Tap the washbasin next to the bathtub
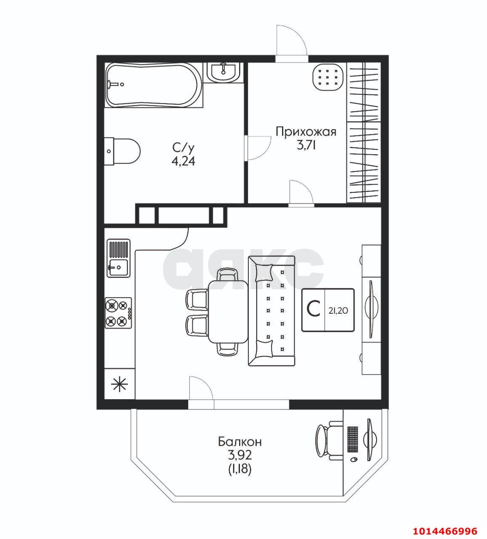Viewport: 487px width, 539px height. [x=223, y=72]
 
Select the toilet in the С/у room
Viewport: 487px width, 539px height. [x=122, y=151]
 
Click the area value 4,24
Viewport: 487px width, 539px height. [x=184, y=161]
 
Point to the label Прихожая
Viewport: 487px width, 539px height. [x=306, y=132]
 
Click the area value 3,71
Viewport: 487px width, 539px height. [x=306, y=145]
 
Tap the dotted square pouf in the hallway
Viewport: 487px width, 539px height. [x=328, y=77]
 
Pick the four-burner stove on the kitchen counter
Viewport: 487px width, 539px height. [x=118, y=312]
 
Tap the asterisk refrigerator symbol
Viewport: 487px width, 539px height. [x=119, y=384]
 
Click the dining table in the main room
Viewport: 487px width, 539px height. [x=228, y=312]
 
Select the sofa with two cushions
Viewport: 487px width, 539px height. [x=271, y=311]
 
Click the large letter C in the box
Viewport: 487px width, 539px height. [x=314, y=309]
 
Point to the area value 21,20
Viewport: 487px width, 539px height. [x=338, y=311]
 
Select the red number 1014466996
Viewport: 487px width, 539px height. [x=445, y=531]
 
